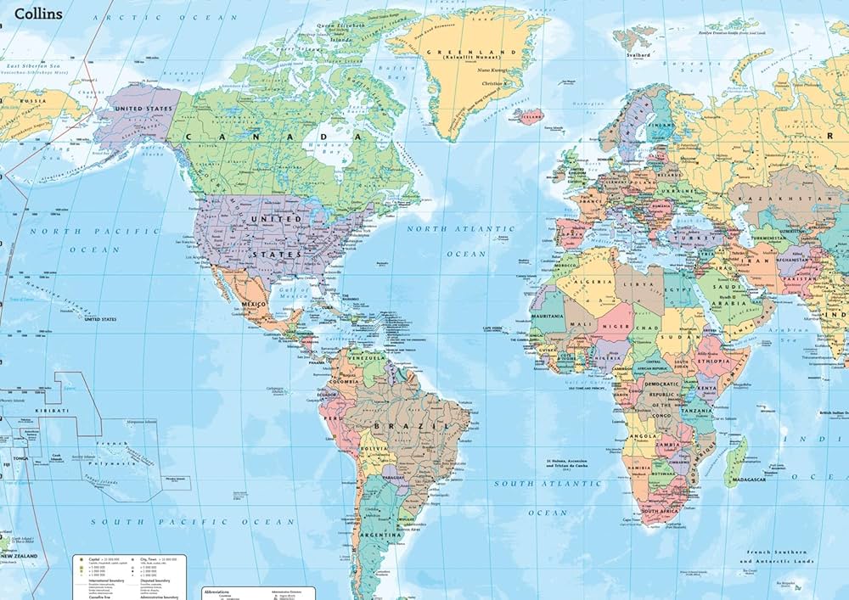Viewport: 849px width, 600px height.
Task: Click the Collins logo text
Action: pyautogui.click(x=38, y=14)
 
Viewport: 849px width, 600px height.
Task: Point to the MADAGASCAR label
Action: pyautogui.click(x=746, y=479)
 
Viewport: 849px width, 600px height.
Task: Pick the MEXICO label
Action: pyautogui.click(x=253, y=304)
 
